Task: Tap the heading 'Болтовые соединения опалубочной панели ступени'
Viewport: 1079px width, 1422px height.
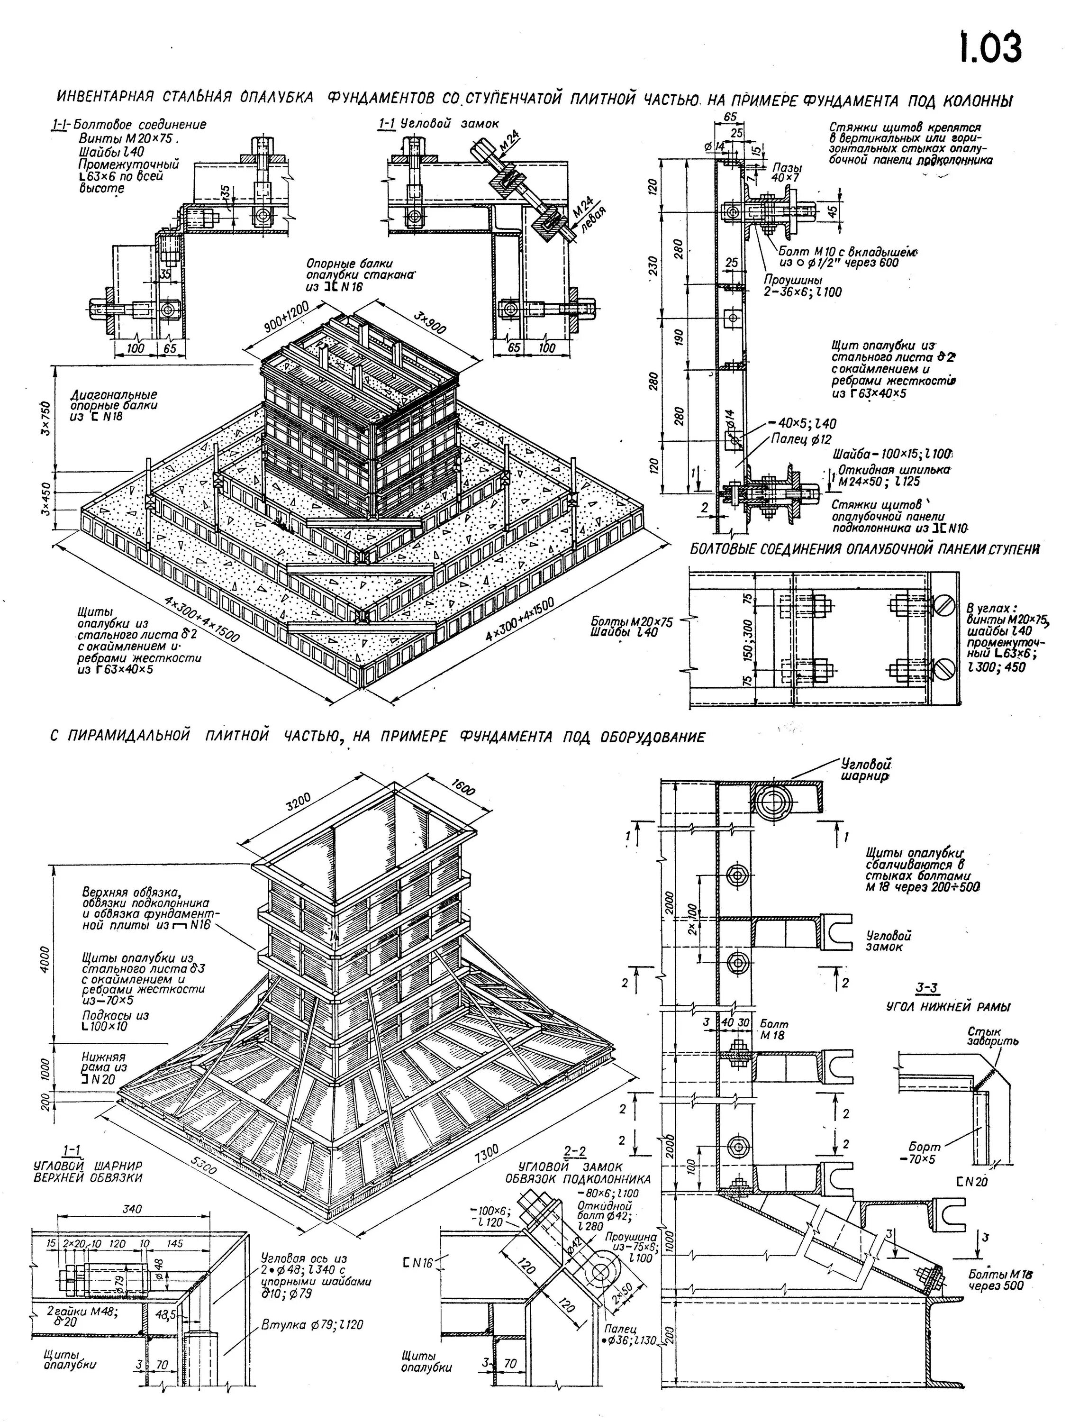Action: click(x=864, y=550)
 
